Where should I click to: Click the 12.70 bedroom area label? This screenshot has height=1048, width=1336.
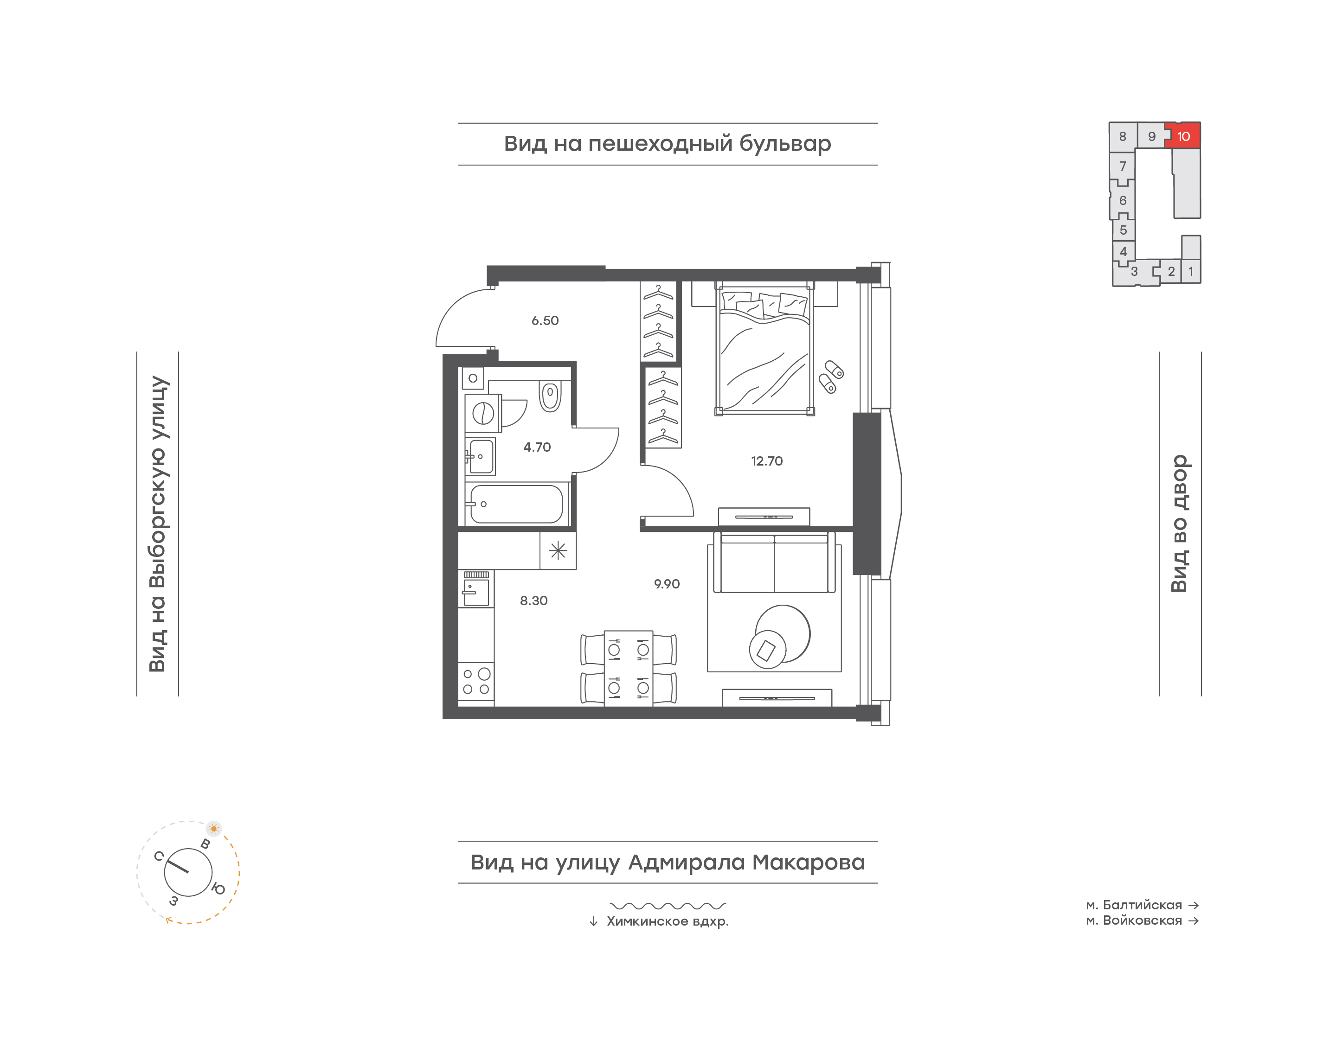click(766, 461)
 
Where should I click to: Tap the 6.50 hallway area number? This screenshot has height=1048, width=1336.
click(545, 321)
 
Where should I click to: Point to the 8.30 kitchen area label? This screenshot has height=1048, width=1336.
click(534, 601)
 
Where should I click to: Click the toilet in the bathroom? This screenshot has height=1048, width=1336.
click(550, 396)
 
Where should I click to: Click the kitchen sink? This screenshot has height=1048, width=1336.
click(476, 588)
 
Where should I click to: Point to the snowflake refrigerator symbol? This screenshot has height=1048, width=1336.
click(558, 550)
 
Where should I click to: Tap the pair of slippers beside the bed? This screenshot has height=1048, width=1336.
click(831, 377)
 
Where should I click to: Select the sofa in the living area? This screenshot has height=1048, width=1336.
click(775, 562)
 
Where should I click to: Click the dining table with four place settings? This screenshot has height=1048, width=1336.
click(629, 668)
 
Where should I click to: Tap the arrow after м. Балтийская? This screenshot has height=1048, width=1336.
click(1194, 905)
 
